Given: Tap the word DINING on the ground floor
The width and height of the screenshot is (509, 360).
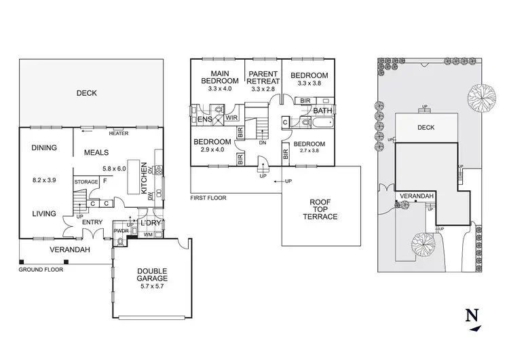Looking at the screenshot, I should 44,148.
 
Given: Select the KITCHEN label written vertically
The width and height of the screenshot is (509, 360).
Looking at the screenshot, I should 144,178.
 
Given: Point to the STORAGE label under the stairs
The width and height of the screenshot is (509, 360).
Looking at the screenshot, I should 86,182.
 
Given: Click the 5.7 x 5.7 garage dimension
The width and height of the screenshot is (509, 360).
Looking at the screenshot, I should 149,286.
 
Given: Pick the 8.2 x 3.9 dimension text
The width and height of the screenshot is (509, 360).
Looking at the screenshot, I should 44,181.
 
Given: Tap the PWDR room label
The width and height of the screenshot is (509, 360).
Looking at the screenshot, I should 121,231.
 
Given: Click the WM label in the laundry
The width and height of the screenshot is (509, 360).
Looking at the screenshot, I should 149,236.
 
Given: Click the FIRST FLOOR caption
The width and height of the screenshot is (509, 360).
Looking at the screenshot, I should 209,198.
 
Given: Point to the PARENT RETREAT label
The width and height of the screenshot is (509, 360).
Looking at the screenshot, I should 265,77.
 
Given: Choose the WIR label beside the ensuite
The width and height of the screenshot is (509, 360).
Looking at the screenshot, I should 231,118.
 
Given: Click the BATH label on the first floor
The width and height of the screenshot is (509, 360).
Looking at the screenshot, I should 322,110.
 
